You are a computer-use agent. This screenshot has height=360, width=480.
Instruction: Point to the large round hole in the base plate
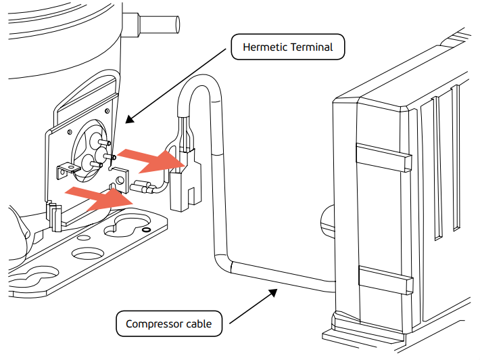89,256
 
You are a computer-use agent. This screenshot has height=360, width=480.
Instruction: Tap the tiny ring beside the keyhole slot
146,229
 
